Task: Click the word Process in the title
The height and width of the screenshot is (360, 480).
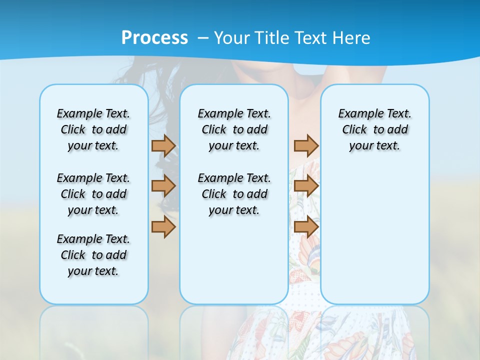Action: (154, 38)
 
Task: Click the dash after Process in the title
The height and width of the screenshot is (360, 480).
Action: (203, 38)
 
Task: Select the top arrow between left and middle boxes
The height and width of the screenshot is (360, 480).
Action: (163, 145)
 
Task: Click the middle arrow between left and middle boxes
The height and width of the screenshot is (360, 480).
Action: (163, 186)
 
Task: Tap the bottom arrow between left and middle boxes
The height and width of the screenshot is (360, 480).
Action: (163, 227)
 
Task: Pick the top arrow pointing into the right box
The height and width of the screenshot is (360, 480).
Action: (306, 145)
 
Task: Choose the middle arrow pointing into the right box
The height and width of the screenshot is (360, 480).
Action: (306, 186)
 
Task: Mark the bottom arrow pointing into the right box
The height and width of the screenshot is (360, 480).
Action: (306, 227)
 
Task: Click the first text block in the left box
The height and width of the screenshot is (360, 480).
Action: (93, 129)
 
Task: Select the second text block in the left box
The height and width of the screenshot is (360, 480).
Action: (93, 194)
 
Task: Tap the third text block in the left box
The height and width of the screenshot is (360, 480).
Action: (93, 255)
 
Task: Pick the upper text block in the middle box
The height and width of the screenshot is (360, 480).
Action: (234, 129)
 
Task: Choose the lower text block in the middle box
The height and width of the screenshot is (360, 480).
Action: (234, 194)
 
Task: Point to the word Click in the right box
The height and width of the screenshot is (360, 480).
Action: (354, 129)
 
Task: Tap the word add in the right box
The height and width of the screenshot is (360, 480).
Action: (397, 129)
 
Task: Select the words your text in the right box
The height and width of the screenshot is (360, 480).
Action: (374, 146)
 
